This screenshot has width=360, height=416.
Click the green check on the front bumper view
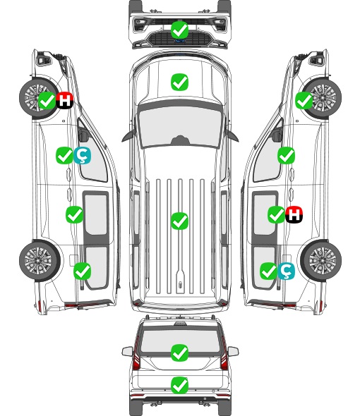point(179,30)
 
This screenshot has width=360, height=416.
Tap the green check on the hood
point(179,82)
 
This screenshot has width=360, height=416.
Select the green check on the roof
point(179,221)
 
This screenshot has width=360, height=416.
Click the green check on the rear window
point(179,353)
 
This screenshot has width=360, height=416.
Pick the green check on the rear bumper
point(179,385)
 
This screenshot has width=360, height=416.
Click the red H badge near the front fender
point(64,100)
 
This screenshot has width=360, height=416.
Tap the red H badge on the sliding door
point(294,214)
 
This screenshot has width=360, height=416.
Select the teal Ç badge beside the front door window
point(82,156)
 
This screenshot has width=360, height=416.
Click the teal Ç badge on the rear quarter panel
point(286,271)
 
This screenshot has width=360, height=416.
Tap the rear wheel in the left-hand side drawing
point(39,261)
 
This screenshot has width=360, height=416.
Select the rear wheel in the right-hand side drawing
point(321,261)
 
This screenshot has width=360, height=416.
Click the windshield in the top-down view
point(179,126)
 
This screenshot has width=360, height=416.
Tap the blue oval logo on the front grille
point(179,41)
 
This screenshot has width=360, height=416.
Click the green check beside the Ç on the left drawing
point(64,156)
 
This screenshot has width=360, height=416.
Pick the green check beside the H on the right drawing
point(276,214)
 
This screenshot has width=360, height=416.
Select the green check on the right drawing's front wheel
point(304,100)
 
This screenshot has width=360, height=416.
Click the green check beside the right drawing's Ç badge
point(269,271)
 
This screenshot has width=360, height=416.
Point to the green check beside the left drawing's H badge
point(47,100)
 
